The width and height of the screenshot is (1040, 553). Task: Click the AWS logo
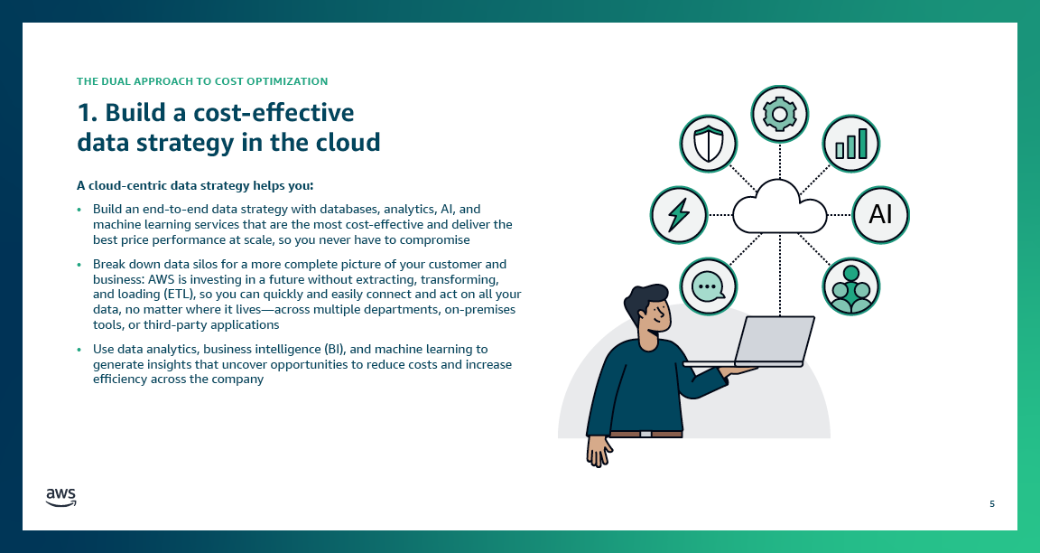pos(60,497)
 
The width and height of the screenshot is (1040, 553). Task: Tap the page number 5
pos(992,503)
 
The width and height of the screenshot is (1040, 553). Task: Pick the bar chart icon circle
pos(850,144)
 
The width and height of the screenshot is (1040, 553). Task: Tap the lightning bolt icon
pos(678,215)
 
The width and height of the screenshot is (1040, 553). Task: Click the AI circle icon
pos(880,215)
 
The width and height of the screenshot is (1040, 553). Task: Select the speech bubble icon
pos(707,286)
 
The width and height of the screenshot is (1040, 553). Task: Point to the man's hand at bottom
pos(598,450)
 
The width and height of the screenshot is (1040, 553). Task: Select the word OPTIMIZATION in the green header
pos(283,81)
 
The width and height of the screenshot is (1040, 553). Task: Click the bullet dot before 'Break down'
pos(79,265)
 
